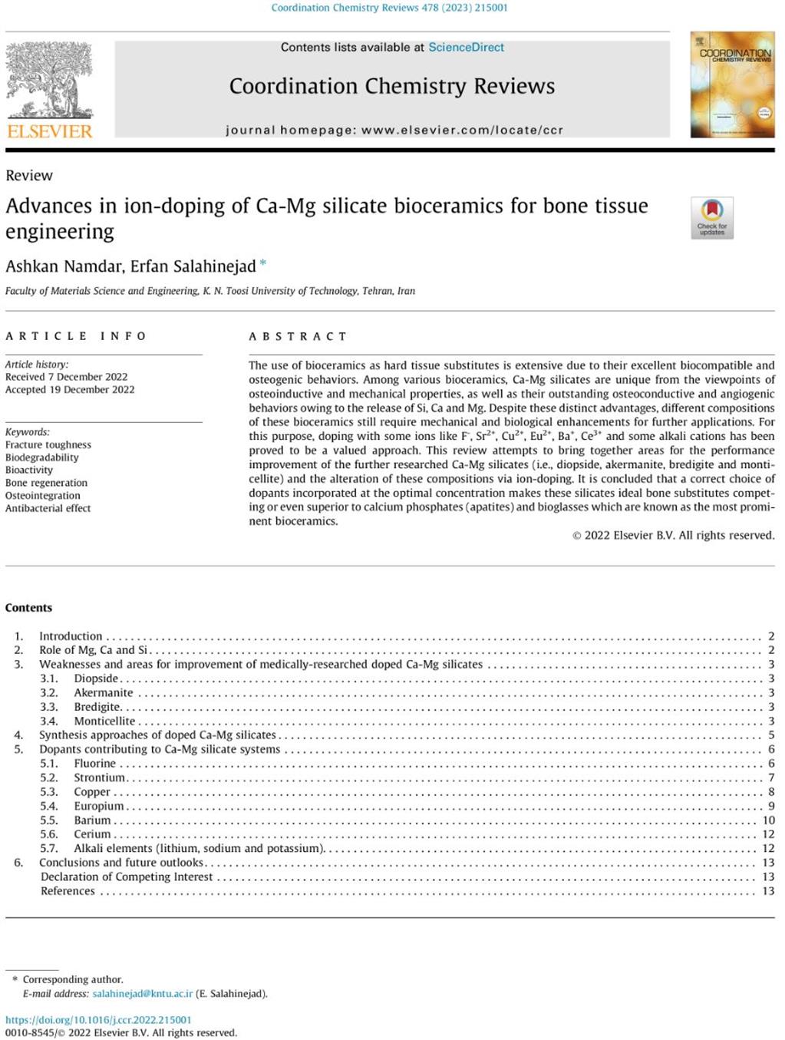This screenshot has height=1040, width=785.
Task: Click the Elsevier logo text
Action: click(x=50, y=131)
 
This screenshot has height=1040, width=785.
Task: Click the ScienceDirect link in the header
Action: click(x=466, y=48)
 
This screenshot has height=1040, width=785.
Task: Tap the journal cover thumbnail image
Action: click(x=732, y=84)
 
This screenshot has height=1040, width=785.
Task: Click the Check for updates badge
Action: click(x=712, y=218)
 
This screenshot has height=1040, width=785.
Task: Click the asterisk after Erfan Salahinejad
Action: click(x=263, y=264)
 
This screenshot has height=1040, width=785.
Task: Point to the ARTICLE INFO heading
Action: click(x=76, y=336)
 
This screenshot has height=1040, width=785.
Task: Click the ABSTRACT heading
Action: click(x=298, y=336)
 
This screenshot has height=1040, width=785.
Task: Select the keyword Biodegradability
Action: click(x=42, y=457)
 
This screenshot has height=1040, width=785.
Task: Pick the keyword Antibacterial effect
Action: click(x=48, y=508)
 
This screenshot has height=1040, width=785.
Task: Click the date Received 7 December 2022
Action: click(x=67, y=377)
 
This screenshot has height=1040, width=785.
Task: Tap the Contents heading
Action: click(x=28, y=608)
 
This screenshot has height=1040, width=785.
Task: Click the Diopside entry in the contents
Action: click(x=96, y=678)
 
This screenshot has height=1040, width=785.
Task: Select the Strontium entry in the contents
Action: click(x=99, y=778)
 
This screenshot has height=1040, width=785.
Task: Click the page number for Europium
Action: click(x=771, y=806)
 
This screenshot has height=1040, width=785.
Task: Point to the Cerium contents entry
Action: click(x=92, y=834)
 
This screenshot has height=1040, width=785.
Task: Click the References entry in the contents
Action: click(x=68, y=891)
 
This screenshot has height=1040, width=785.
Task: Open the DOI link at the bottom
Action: click(x=98, y=1020)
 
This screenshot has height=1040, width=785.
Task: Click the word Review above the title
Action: click(x=29, y=176)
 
